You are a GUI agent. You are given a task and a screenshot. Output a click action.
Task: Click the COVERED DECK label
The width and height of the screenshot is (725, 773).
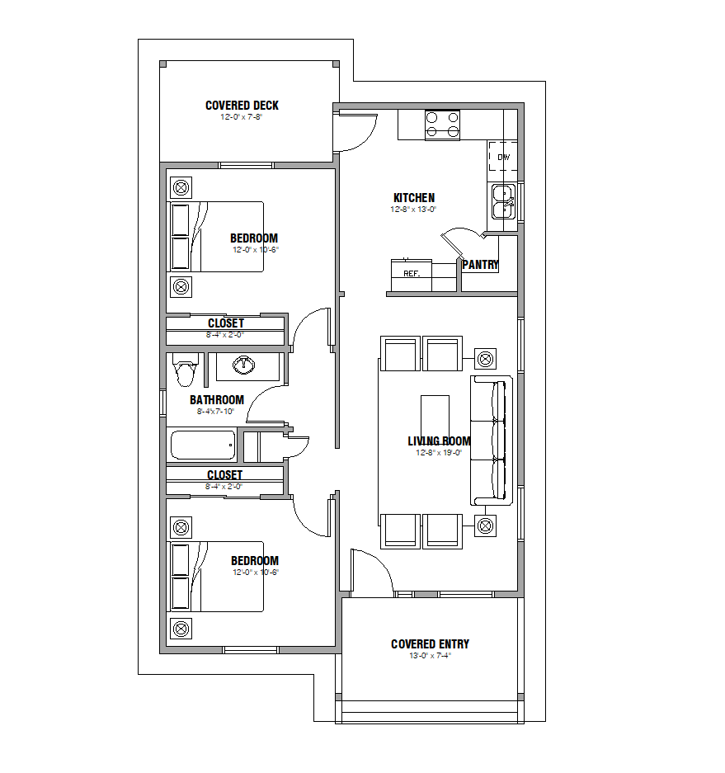point(242,106)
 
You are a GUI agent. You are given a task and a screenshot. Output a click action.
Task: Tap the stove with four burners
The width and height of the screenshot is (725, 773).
point(443,125)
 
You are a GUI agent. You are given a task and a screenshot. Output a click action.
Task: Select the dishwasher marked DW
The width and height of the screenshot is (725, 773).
point(503,156)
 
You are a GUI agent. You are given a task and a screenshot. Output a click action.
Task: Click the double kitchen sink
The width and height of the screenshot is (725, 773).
point(504,201)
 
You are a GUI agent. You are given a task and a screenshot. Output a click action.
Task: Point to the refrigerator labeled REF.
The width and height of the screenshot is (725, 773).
point(412,275)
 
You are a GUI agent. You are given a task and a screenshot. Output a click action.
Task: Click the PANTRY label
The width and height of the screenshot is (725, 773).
point(481,265)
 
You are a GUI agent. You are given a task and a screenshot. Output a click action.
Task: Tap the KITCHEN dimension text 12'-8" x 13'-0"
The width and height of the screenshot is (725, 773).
point(413,210)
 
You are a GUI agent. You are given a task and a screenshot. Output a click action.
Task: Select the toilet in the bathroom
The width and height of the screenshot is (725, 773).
point(186,370)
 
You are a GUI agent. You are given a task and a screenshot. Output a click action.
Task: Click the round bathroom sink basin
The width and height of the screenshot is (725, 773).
point(243,365)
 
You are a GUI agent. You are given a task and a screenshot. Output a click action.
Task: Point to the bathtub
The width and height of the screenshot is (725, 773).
point(203,445)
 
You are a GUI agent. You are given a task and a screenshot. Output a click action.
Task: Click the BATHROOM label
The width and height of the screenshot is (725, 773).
point(217,400)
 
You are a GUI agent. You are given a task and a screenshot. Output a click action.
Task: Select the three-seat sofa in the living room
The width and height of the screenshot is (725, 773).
point(492,441)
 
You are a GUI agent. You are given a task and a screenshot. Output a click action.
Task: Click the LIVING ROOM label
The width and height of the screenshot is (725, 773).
point(439,441)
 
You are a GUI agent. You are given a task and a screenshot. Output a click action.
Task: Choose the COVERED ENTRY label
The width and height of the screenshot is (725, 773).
point(430,644)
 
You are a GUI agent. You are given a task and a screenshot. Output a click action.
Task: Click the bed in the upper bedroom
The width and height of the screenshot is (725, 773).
point(216,237)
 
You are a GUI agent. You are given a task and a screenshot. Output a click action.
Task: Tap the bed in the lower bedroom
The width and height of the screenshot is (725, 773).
point(216,577)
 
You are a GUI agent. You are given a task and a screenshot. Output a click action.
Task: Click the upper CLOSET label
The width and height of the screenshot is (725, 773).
point(226,323)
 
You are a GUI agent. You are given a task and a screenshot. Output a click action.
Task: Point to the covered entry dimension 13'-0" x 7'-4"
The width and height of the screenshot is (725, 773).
point(431,656)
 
